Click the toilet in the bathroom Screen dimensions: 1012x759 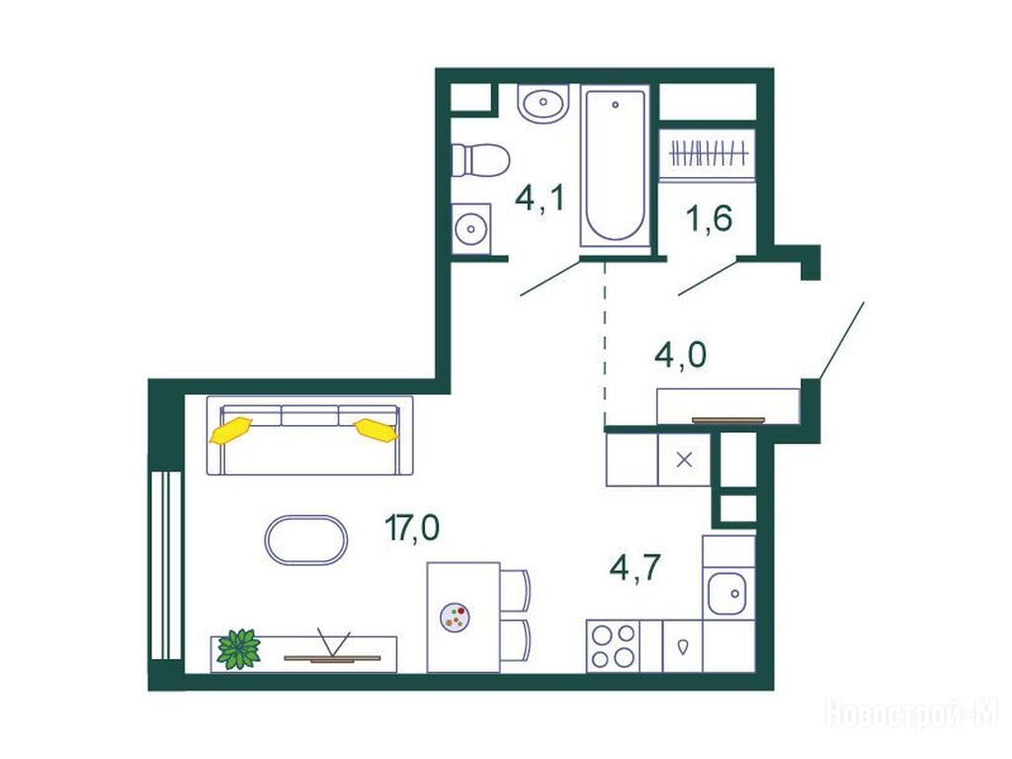pyautogui.click(x=480, y=160)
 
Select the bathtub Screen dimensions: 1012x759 pyautogui.click(x=615, y=166)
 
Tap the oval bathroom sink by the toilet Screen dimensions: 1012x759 pyautogui.click(x=544, y=103)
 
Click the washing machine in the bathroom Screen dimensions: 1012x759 pyautogui.click(x=470, y=228)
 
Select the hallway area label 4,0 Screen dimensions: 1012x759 pyautogui.click(x=680, y=355)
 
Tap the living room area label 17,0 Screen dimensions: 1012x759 pyautogui.click(x=412, y=528)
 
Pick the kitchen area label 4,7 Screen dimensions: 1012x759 pyautogui.click(x=634, y=568)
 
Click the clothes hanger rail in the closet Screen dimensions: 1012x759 pyautogui.click(x=709, y=154)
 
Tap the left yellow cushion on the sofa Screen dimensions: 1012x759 pyautogui.click(x=230, y=430)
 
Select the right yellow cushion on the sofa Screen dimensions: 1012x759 pyautogui.click(x=377, y=430)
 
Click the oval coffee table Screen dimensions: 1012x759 pyautogui.click(x=306, y=540)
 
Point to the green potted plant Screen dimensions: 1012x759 pyautogui.click(x=239, y=648)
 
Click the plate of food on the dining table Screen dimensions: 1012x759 pyautogui.click(x=455, y=617)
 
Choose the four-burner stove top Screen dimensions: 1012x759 pyautogui.click(x=613, y=646)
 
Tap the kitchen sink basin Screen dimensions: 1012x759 pyautogui.click(x=726, y=594)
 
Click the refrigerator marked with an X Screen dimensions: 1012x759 pyautogui.click(x=684, y=460)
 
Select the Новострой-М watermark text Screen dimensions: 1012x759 pyautogui.click(x=911, y=714)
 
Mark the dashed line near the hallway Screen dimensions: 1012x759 pyautogui.click(x=605, y=340)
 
